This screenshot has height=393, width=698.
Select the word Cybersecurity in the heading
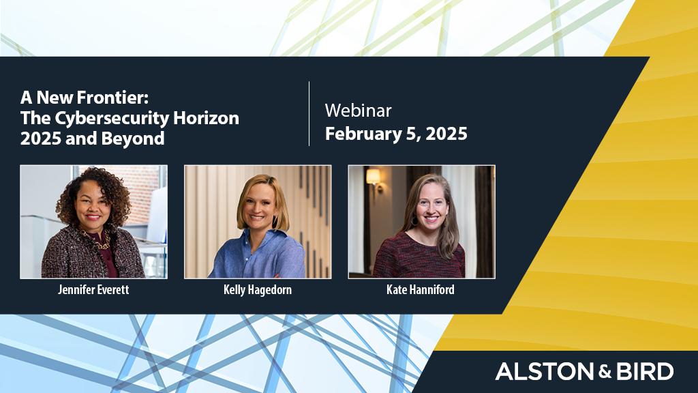112,119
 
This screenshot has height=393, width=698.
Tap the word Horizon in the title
206,118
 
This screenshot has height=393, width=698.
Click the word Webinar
359,111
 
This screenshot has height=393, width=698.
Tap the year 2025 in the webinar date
446,134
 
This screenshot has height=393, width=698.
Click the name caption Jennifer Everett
93,289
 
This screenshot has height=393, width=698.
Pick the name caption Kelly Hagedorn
258,289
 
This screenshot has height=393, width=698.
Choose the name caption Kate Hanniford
421,289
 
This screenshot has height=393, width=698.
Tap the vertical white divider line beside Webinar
309,114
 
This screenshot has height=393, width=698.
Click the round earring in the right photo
415,221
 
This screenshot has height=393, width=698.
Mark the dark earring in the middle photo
275,222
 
